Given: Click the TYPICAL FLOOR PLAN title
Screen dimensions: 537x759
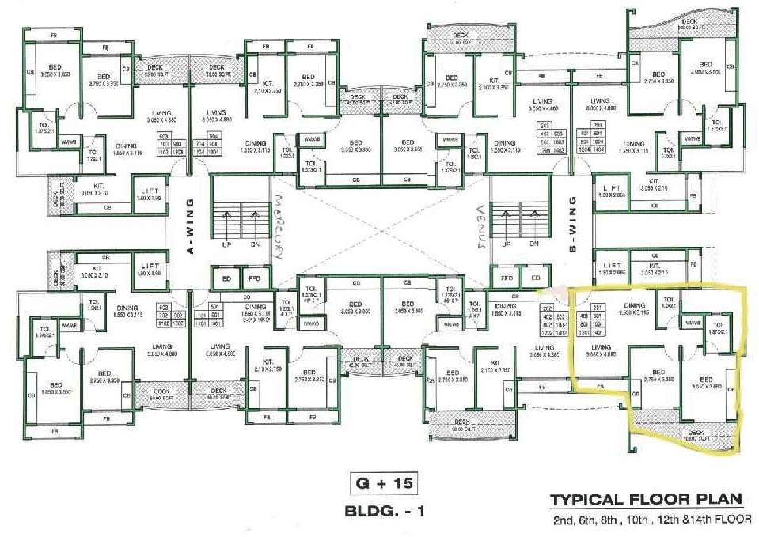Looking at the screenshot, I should click(x=646, y=500).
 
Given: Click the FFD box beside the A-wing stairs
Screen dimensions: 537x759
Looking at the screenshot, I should click(x=254, y=278).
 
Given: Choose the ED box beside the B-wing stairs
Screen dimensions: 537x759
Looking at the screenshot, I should click(x=536, y=278).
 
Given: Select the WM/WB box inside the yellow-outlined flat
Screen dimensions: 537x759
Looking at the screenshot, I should click(x=693, y=323).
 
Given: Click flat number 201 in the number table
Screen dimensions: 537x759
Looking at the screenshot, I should click(x=598, y=307).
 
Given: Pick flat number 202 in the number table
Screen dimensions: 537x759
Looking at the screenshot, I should click(x=545, y=307).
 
